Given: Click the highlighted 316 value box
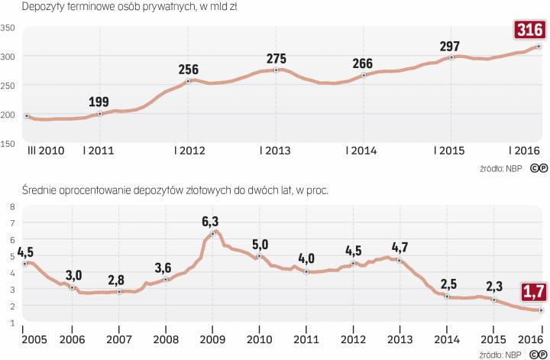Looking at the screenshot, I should click(x=529, y=31).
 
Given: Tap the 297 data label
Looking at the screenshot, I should click(x=451, y=46).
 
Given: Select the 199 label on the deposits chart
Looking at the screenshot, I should click(x=99, y=102).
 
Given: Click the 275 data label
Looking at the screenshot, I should click(x=277, y=58).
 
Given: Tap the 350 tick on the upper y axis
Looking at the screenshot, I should click(x=8, y=28).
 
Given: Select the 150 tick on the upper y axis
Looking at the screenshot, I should click(x=8, y=143).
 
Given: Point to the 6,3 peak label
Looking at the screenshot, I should click(x=212, y=222).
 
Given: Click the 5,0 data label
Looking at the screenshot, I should click(x=260, y=244).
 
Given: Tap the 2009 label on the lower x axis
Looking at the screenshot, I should click(x=212, y=339).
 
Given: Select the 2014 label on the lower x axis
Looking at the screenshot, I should click(x=447, y=339).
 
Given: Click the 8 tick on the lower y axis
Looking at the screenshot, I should click(x=11, y=206).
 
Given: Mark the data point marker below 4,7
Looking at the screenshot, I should click(x=399, y=261).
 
